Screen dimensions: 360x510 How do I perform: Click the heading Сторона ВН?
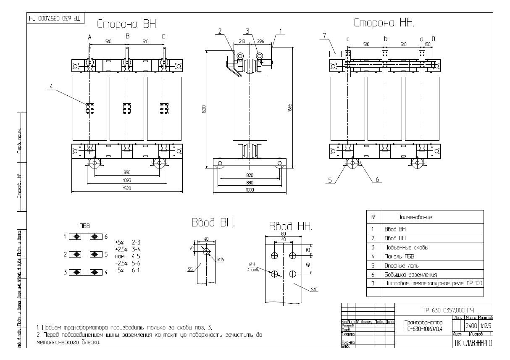tap(127, 24)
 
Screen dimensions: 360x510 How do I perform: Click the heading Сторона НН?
tap(384, 23)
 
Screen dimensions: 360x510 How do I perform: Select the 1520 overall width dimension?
tap(127, 189)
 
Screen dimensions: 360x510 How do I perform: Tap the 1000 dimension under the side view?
tap(250, 190)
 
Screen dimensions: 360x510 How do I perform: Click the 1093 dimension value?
tap(127, 180)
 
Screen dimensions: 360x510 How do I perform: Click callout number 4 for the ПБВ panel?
tap(51, 87)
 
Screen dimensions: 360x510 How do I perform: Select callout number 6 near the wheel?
tap(377, 179)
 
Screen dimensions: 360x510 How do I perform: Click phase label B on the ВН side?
tap(128, 37)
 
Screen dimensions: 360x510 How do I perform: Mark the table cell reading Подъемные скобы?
tap(404, 247)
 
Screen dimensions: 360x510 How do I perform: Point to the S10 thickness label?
tap(315, 289)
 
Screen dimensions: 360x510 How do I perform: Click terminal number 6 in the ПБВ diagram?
tap(106, 236)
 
